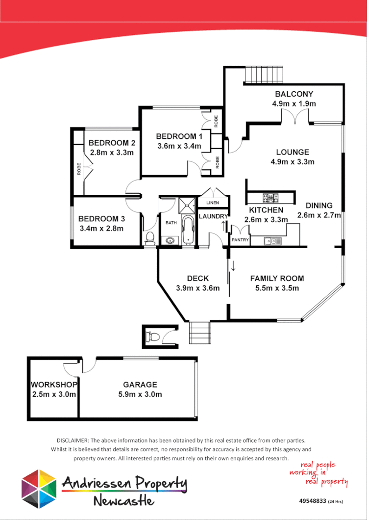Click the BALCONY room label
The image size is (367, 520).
(x=294, y=94)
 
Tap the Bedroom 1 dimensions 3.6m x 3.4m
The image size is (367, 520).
(x=179, y=146)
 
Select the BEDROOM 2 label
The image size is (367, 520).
(x=112, y=143)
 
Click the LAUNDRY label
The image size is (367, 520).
(x=213, y=216)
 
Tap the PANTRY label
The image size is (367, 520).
(x=240, y=240)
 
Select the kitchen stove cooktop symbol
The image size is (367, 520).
(x=271, y=199)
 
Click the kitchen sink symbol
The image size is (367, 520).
(x=272, y=240)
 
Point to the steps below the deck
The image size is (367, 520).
(x=199, y=333)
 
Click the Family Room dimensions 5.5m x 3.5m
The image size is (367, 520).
(x=277, y=288)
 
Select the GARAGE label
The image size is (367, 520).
(x=140, y=385)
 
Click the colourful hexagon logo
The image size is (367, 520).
(x=39, y=489)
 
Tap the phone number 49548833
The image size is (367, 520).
(x=312, y=501)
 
